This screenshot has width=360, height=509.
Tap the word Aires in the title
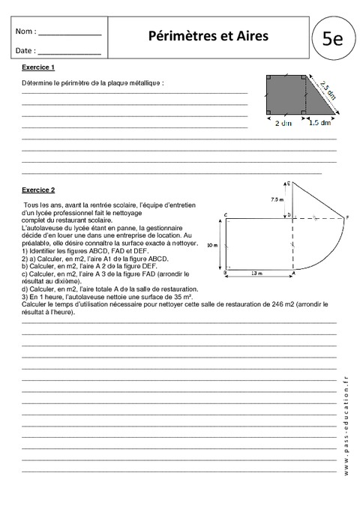[251, 35]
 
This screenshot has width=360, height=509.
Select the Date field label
[24, 51]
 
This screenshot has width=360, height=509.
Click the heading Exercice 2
[38, 190]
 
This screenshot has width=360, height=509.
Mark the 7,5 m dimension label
[277, 199]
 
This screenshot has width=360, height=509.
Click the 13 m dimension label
[257, 274]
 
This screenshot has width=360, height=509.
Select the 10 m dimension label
[212, 244]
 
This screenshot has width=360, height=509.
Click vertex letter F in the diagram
[346, 217]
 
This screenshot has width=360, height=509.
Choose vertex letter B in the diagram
[226, 271]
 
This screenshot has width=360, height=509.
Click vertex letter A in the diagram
[292, 273]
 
